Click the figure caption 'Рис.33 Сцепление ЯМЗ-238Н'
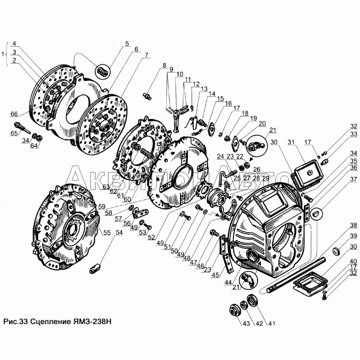click(57, 321)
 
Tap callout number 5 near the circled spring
click(127, 44)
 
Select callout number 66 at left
click(14, 114)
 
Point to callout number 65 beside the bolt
click(14, 133)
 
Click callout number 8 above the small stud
click(164, 65)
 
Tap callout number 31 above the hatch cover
click(291, 142)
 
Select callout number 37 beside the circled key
click(354, 179)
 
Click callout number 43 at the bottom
click(246, 324)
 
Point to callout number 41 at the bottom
click(271, 324)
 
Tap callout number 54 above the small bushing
click(119, 233)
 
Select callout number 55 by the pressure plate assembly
click(107, 233)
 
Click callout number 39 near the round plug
click(354, 235)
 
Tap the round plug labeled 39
click(337, 251)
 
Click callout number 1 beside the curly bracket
click(3, 54)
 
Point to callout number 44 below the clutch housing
click(228, 283)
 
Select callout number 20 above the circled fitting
click(262, 123)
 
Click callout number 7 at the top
click(146, 55)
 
